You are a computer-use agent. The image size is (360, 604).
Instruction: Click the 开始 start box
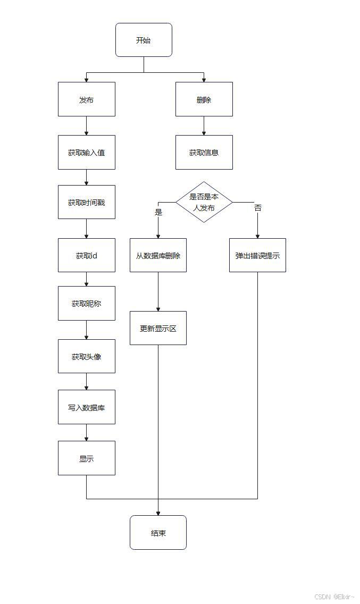(144, 40)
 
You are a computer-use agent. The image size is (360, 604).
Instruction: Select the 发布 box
(87, 99)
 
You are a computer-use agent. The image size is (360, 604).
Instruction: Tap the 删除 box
(204, 99)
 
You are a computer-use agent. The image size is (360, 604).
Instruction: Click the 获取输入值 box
(87, 153)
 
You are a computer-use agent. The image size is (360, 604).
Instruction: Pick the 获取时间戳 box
(87, 202)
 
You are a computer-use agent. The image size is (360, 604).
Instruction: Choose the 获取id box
(87, 255)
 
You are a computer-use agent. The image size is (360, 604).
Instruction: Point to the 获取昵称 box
(87, 304)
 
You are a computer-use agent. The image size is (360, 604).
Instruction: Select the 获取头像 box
(87, 356)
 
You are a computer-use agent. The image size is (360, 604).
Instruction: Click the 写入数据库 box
(87, 407)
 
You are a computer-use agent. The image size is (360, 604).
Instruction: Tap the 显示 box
(87, 458)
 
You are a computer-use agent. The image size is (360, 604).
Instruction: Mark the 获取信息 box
(204, 153)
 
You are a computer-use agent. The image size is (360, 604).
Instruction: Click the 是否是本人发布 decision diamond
(204, 202)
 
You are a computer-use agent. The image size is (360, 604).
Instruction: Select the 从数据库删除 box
(158, 255)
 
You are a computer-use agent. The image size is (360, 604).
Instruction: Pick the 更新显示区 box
(158, 328)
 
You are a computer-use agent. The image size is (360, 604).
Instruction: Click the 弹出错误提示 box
(257, 255)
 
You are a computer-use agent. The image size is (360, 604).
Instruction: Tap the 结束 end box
(158, 532)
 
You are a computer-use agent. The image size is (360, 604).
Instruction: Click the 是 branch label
(158, 212)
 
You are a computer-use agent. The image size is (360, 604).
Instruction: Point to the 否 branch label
(258, 208)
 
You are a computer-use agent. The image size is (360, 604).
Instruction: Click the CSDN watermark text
(334, 597)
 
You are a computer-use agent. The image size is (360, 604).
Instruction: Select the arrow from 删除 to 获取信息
(204, 125)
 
